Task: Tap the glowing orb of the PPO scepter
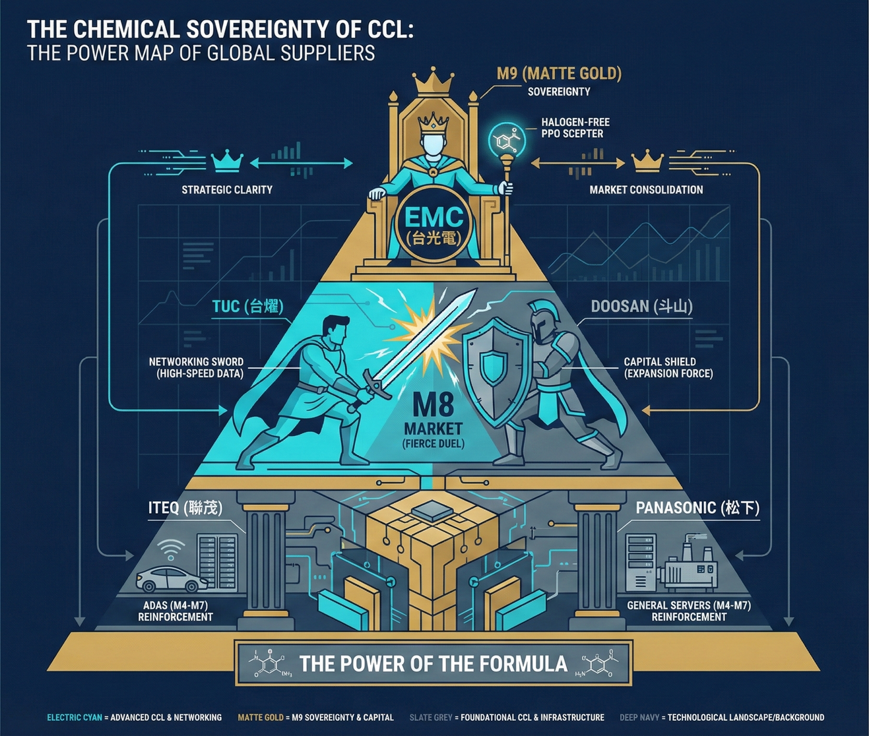coord(507,139)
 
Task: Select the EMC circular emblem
coord(433,225)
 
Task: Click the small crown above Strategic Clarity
coord(226,160)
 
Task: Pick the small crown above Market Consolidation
coord(647,160)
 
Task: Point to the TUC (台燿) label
coord(247,306)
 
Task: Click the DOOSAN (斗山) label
coord(641,306)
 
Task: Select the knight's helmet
coord(543,321)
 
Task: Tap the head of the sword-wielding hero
coord(337,327)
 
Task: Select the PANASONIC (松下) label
coord(697,508)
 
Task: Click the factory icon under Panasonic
coord(690,568)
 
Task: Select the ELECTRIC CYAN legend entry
coord(75,718)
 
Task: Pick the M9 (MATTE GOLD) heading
coord(559,73)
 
